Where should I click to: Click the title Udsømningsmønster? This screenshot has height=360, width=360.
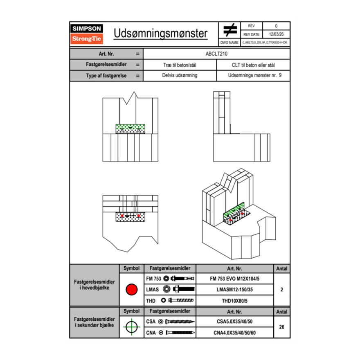coord(160,33)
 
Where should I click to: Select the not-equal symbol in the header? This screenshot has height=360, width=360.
coord(230,30)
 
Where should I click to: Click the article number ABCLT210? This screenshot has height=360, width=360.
coord(216,54)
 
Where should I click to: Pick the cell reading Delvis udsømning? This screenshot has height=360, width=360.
coord(180,75)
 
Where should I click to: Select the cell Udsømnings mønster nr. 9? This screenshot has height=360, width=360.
coord(253,75)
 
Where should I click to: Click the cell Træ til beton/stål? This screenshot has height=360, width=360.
coord(180,65)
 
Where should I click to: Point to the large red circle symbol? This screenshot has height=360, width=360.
coord(131,290)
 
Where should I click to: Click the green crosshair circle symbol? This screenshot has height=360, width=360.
coord(131,326)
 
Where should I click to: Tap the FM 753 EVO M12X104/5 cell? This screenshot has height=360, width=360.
coord(234,279)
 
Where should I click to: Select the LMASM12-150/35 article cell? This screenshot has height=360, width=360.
coord(234,290)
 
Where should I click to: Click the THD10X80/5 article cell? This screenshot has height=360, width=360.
coord(234,301)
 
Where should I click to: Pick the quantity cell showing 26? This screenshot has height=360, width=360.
coord(281,326)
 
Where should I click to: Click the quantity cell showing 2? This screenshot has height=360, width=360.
coord(281,290)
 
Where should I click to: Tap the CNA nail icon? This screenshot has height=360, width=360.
coord(180,333)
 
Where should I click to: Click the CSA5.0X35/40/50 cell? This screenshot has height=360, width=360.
coord(234,322)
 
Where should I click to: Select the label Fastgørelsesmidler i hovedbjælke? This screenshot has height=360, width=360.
coord(94,285)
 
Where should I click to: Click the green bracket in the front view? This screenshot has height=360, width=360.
coord(130,128)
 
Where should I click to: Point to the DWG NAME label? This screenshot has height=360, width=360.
coord(229,42)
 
